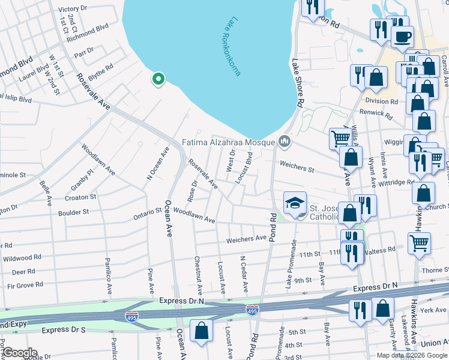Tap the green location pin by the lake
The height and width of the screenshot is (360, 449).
coord(158,79)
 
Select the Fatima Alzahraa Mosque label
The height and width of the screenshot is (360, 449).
coord(228,143)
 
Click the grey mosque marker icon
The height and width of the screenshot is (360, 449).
coord(285,142)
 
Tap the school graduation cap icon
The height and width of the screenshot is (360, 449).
coord(295,204)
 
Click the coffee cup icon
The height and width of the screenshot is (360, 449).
coord(402,35)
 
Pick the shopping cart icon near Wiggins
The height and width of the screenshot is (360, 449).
coord(340,138)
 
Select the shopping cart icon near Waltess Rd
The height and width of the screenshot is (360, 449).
coord(419,243)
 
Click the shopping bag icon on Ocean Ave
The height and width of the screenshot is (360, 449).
coord(201,331)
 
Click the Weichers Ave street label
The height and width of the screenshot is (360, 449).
coord(246,239)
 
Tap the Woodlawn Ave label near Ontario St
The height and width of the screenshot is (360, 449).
coord(194,216)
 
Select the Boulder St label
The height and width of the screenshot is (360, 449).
coord(73,212)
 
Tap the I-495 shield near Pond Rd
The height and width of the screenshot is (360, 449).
coord(253,309)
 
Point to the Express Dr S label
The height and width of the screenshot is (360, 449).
coord(63,330)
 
